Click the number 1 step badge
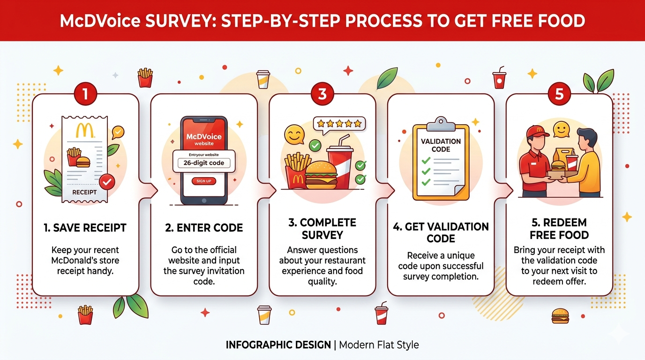(x=85, y=94)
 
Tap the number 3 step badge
(x=322, y=94)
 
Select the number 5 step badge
(x=559, y=94)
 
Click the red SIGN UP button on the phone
(x=204, y=181)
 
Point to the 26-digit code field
(x=204, y=163)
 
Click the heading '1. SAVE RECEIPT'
(x=85, y=228)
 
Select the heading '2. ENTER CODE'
(x=204, y=228)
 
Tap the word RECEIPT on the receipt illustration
(x=84, y=192)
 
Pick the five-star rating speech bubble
(x=339, y=124)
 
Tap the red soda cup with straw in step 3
(x=340, y=164)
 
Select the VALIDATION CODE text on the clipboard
(x=441, y=145)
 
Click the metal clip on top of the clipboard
(x=441, y=123)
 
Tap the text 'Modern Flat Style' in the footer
(x=379, y=345)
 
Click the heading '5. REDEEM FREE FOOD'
(x=559, y=229)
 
